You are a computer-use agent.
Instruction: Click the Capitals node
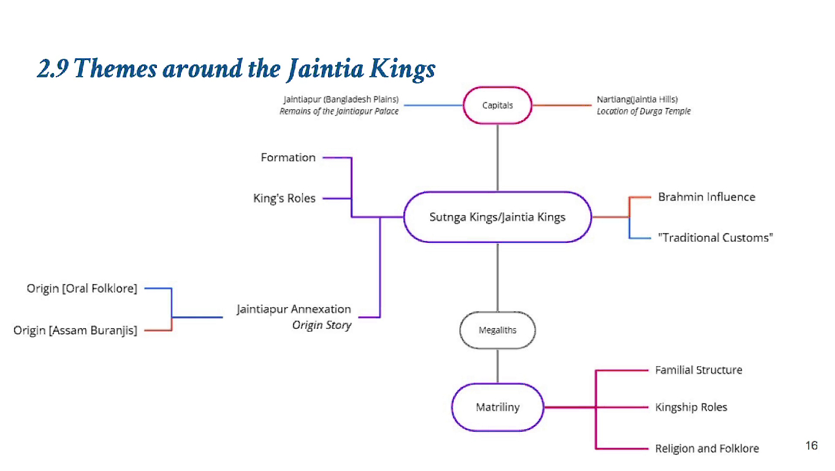tap(497, 105)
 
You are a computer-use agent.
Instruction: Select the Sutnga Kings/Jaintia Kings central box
tap(497, 217)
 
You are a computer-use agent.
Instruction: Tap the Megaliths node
tap(497, 331)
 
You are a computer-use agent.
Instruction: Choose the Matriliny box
tap(497, 407)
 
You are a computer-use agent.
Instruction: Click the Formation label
tap(288, 158)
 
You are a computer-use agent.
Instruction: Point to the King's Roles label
tap(284, 199)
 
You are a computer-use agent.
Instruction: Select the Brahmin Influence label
tap(706, 197)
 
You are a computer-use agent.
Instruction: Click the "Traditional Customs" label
tap(715, 238)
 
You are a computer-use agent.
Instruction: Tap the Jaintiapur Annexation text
tap(294, 309)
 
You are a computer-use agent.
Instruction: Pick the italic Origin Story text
tap(321, 325)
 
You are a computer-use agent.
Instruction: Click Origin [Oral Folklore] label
tap(82, 288)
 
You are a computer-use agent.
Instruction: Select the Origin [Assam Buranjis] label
tap(75, 331)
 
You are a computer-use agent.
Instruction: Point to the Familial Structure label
tap(698, 370)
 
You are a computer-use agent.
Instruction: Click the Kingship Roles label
tap(691, 407)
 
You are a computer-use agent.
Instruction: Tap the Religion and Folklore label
tap(707, 449)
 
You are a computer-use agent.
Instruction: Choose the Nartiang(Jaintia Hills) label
tap(637, 99)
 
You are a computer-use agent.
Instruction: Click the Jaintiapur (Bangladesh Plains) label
tap(341, 99)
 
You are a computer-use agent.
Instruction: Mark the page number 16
tap(811, 446)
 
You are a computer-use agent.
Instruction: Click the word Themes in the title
tap(117, 69)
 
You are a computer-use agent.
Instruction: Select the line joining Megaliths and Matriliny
tap(497, 366)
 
